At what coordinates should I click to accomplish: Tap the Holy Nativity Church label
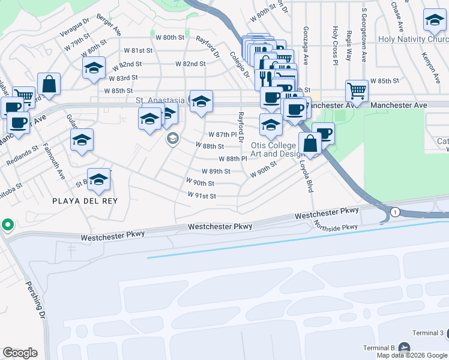pos(413,40)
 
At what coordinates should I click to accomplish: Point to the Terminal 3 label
pos(427,333)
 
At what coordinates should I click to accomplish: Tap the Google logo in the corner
pos(20,353)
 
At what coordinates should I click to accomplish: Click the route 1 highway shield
pos(395,212)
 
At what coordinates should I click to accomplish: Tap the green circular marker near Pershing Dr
pos(7,225)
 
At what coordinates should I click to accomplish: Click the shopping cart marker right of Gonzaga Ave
pos(357,91)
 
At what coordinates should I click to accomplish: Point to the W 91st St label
pos(201,196)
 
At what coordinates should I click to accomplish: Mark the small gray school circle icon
pos(172,140)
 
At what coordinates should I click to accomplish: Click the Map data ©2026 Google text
pos(412,355)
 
